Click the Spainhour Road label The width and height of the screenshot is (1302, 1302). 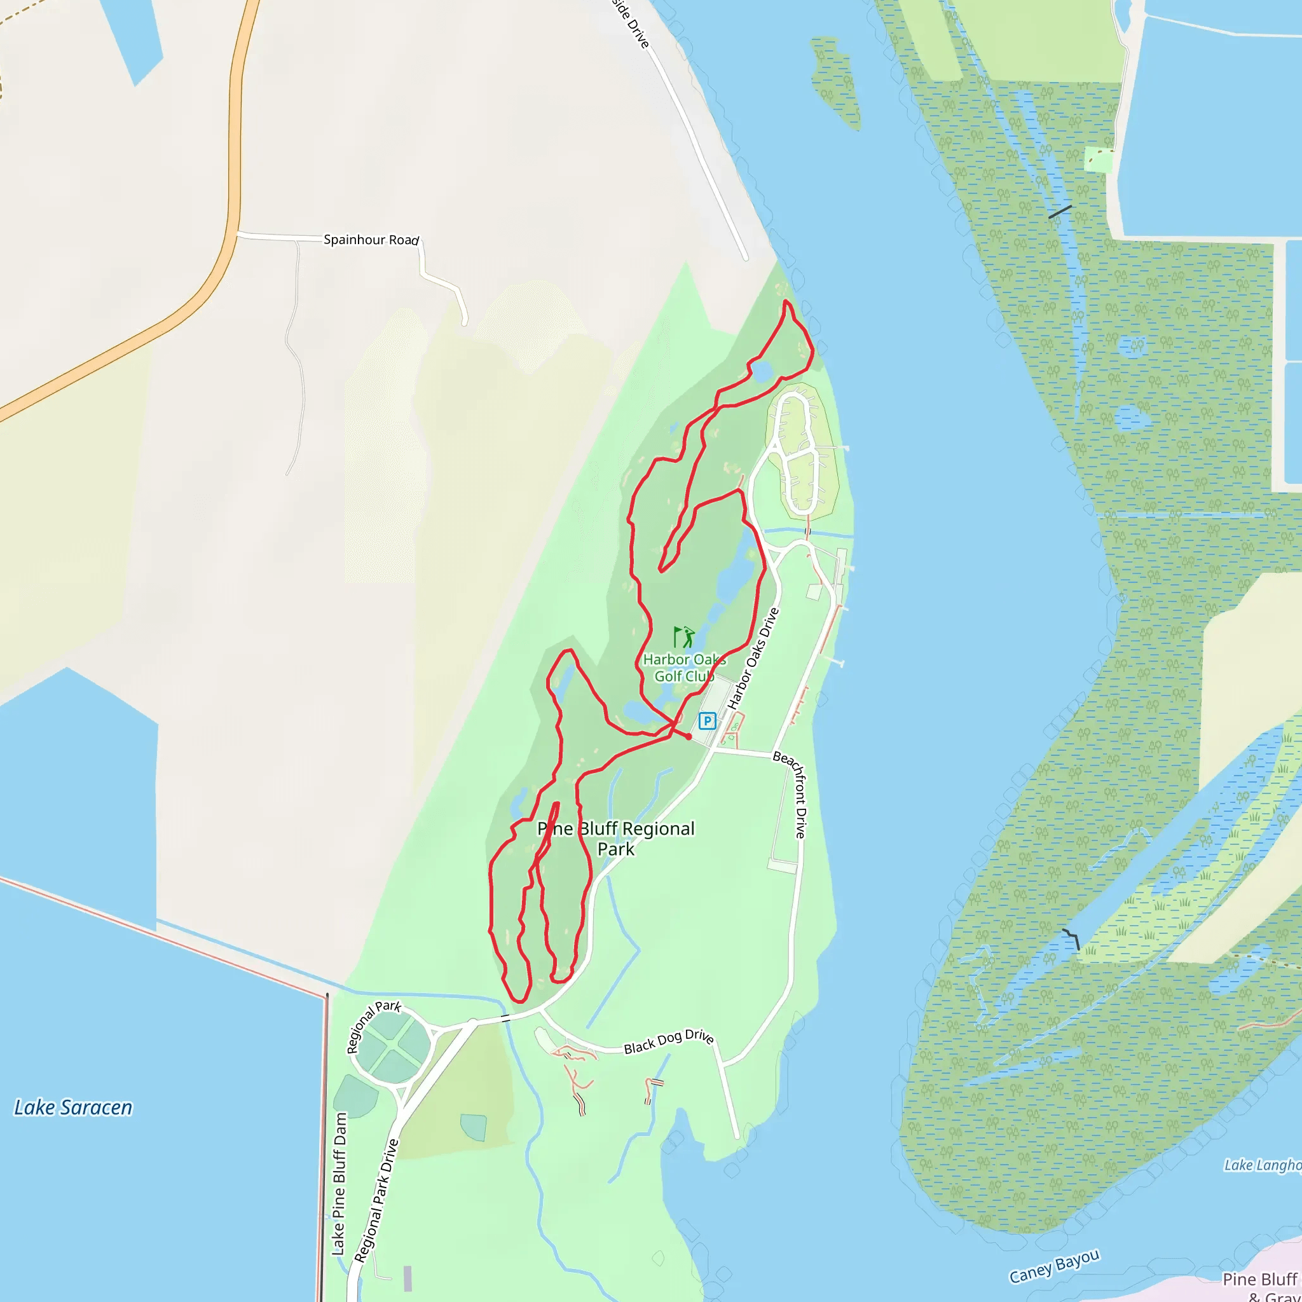[x=371, y=240]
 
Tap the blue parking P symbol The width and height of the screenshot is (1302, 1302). [x=706, y=721]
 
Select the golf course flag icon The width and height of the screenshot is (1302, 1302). [x=683, y=637]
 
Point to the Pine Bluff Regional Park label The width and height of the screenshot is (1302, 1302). [x=616, y=839]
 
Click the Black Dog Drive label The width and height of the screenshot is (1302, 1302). [x=669, y=1041]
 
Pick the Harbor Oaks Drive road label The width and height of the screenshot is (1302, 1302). [x=753, y=659]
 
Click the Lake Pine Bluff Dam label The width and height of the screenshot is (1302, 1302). [x=339, y=1183]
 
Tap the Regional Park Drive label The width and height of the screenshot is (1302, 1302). [x=377, y=1200]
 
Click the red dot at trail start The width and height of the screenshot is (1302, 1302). [x=689, y=737]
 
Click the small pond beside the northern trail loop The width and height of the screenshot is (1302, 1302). [x=762, y=371]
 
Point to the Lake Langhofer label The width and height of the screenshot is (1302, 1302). [x=1261, y=1165]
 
